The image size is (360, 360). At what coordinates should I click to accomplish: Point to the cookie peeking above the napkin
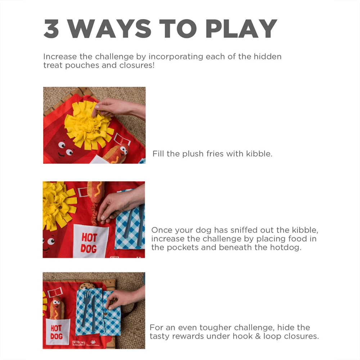(86, 286)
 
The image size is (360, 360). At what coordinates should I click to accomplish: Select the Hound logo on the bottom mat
(78, 343)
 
